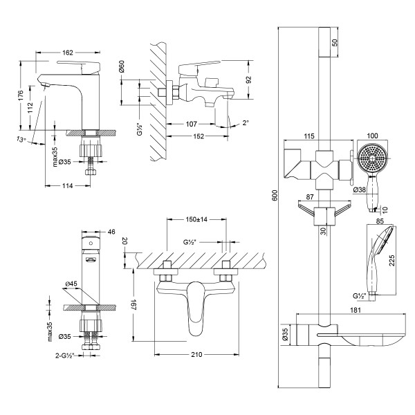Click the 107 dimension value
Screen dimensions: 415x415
tap(193, 124)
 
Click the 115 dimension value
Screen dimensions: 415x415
tap(310, 137)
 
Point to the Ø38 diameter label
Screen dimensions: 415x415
tap(360, 190)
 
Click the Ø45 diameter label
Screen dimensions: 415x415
tap(71, 284)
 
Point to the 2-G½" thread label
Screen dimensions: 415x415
tap(70, 356)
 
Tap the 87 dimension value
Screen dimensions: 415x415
tap(311, 197)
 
